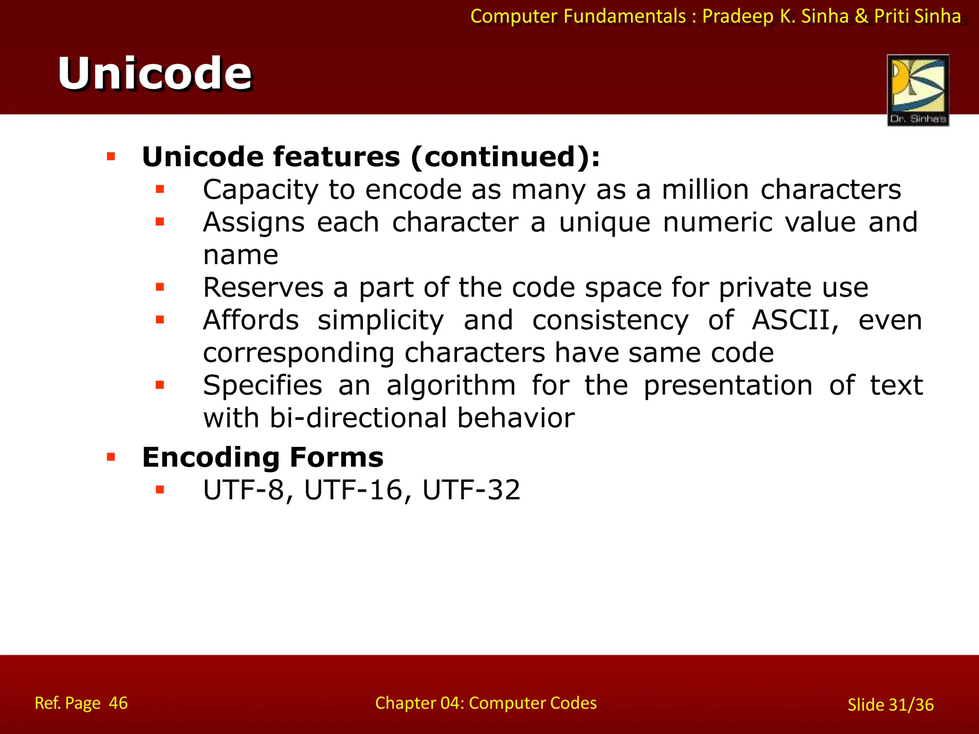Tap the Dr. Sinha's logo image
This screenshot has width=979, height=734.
point(917,90)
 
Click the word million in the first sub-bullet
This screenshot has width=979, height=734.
point(705,190)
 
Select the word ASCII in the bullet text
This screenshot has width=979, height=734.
point(795,320)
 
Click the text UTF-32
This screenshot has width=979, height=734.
point(471,490)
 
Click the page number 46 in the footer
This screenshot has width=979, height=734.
point(118,703)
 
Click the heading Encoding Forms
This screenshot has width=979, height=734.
point(262,457)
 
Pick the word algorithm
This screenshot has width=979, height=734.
point(451,386)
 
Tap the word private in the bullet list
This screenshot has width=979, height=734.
point(764,288)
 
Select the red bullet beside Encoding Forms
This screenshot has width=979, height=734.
point(111,457)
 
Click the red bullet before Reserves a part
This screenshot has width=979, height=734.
point(160,287)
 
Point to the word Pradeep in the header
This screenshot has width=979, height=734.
point(738,16)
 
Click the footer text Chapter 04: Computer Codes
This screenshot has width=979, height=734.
point(486,703)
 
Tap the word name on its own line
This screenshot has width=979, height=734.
point(240,255)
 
